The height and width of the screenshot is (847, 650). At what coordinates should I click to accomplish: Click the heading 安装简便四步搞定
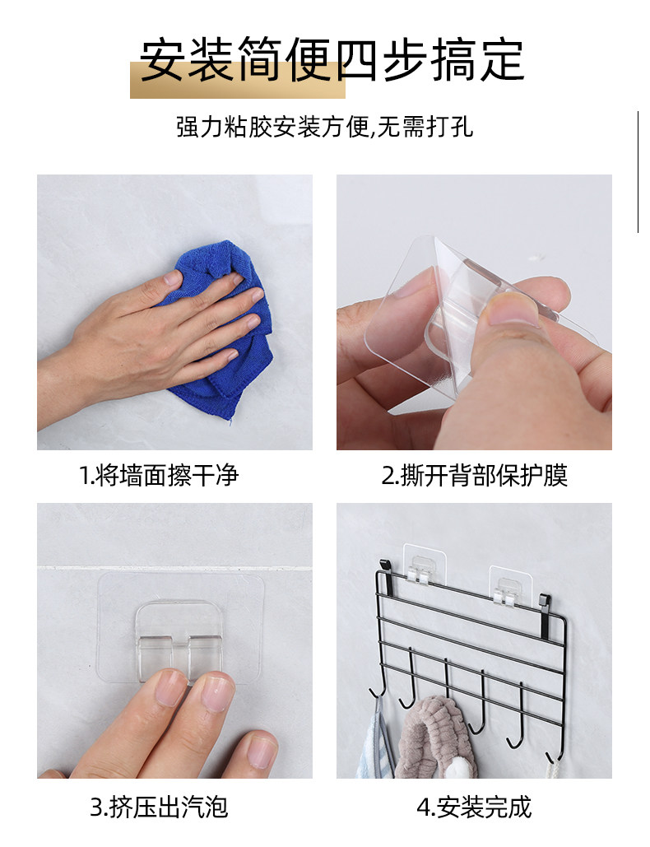click(332, 61)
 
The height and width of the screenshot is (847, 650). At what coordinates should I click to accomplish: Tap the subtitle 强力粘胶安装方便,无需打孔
click(324, 128)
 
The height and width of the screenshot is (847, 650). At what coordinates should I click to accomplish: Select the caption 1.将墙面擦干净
click(159, 476)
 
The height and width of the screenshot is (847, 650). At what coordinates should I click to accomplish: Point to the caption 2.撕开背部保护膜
click(474, 476)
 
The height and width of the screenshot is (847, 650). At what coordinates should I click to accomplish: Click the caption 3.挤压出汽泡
click(160, 807)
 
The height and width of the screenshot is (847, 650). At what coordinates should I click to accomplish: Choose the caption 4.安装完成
click(474, 807)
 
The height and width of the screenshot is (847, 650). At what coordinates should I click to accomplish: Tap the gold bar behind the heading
click(238, 81)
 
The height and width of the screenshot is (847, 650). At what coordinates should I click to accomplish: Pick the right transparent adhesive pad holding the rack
click(510, 585)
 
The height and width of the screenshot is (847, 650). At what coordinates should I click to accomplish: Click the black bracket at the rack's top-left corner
click(385, 567)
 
